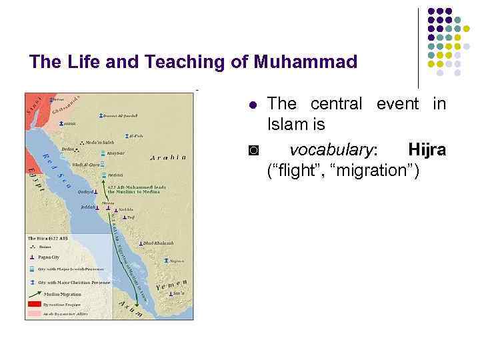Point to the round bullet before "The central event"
[252, 105]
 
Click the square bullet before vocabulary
[252, 151]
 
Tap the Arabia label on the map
[168, 158]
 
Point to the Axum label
[131, 308]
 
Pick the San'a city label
[178, 293]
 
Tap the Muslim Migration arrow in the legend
[35, 293]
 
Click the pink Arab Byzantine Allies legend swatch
[35, 312]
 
